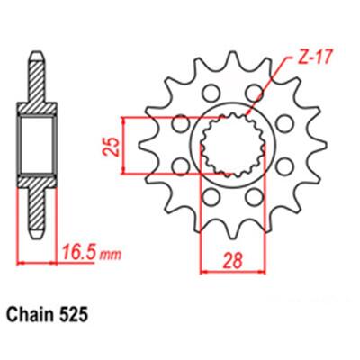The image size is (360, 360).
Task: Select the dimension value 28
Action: (x=233, y=261)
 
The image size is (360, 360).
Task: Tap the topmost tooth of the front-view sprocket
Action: (x=233, y=58)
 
